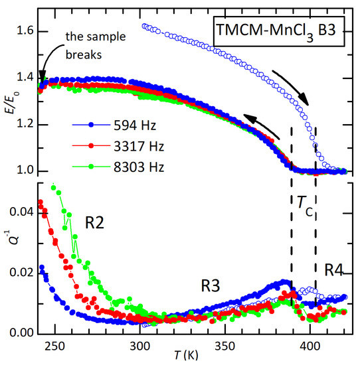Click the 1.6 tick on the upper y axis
(x=23, y=32)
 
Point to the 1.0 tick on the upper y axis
(x=23, y=171)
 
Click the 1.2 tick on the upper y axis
(x=23, y=125)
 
